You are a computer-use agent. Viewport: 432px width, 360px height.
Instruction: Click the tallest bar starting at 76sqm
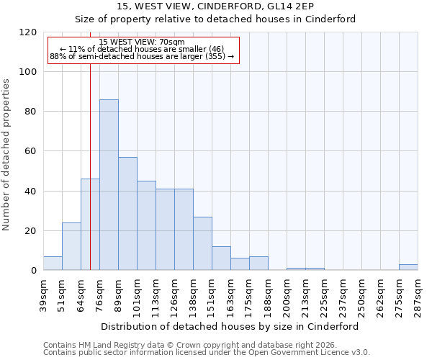[109, 185]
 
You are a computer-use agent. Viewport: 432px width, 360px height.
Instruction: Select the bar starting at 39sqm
[53, 264]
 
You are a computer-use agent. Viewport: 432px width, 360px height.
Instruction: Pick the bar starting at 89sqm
[127, 214]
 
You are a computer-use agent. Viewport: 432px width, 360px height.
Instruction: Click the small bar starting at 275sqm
[408, 267]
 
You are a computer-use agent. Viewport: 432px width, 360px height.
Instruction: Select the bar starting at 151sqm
[221, 258]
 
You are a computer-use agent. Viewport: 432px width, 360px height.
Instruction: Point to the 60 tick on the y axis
[31, 151]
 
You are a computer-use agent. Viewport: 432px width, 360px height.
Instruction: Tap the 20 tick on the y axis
[31, 231]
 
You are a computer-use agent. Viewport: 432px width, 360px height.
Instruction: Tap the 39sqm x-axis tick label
[43, 291]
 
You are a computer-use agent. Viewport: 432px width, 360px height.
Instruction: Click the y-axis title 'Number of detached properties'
[6, 155]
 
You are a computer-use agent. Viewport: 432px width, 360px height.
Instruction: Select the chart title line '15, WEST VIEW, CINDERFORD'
[215, 6]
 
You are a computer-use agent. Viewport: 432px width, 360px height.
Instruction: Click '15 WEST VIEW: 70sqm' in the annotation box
[142, 42]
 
